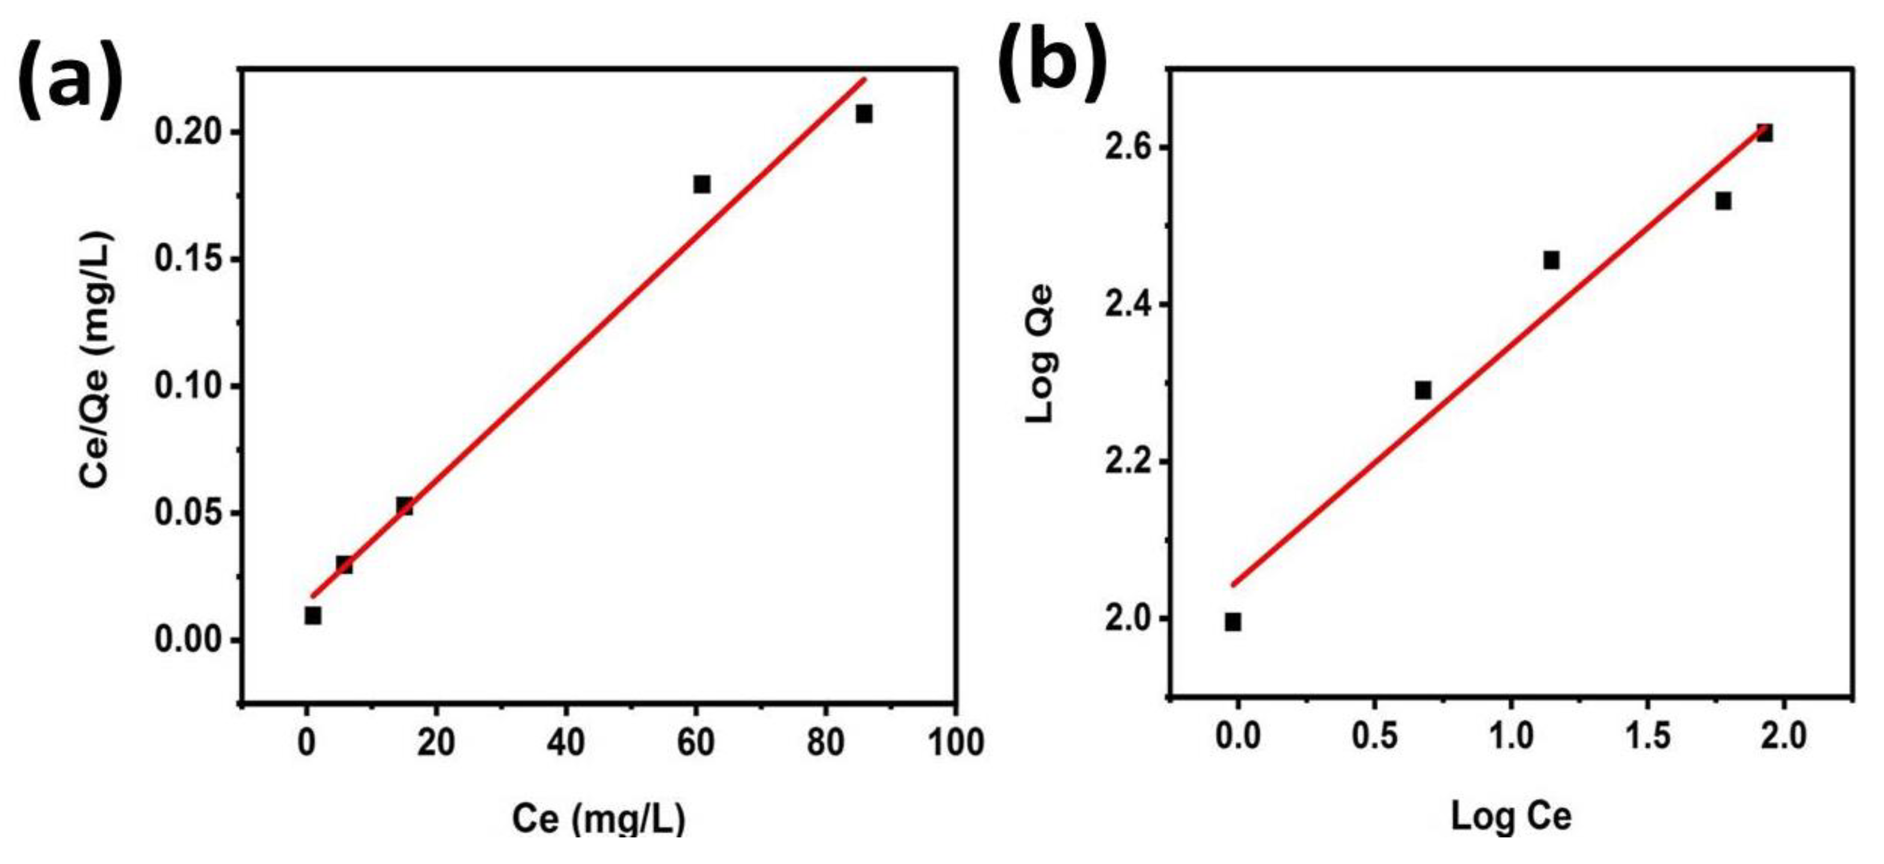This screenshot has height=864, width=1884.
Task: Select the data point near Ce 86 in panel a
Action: coord(864,113)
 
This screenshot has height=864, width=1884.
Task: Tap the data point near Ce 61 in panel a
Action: coord(702,184)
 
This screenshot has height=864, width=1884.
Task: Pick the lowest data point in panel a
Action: coord(313,615)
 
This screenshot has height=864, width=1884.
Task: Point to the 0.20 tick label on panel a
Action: coord(188,132)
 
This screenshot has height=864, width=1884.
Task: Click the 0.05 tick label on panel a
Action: coord(188,513)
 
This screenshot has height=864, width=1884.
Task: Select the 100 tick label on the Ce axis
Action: coord(955,743)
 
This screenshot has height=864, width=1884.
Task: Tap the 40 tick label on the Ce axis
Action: coord(565,743)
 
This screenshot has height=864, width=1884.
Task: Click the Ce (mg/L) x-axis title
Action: coord(598,818)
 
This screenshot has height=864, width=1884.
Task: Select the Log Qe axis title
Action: coord(1039,353)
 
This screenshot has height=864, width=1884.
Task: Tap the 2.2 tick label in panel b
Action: coord(1128,462)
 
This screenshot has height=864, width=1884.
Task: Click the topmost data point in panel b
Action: coord(1764,133)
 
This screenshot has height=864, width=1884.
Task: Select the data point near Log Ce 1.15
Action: coord(1551,260)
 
